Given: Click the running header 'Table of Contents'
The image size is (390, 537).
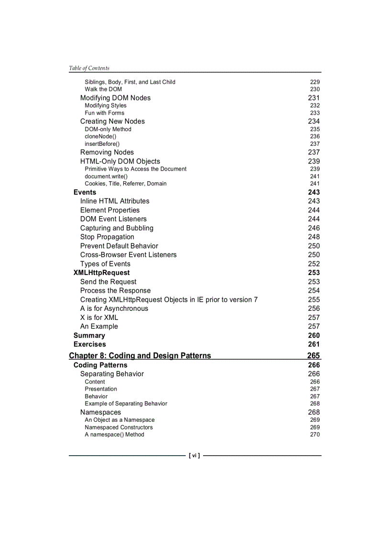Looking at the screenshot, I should coord(89,68).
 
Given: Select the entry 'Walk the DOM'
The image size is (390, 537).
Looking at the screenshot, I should coord(103,89).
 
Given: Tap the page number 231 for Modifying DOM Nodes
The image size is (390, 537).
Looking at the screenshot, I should coord(314,98).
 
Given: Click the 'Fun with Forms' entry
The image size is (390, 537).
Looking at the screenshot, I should coord(104,113).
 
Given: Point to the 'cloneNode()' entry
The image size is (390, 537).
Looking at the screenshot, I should coord(100,136).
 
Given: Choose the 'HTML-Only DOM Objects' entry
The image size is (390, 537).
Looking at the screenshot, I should coord(120,161).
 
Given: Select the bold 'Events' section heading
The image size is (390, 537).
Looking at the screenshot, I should coord(85,192).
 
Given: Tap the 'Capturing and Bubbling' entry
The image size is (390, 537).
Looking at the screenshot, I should coord(117,228).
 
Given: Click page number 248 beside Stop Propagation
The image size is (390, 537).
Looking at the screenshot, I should coord(314,237).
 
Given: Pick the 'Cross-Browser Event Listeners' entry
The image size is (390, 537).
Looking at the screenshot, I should coord(128,255).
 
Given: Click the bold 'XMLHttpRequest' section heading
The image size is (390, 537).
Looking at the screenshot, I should coord(101,273).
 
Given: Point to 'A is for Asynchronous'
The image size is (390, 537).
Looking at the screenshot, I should coord(114,308).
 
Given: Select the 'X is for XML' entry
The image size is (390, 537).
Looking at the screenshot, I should coord(99,318).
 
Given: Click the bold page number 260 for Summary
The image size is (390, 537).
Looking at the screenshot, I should coord(314,336).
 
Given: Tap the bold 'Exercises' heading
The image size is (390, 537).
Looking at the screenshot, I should coord(89,344).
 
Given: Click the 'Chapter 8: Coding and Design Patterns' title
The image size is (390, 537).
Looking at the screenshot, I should coord(140,356).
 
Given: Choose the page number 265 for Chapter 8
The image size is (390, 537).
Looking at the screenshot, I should coord(314,356).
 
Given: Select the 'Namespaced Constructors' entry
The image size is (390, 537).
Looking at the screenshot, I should coord(119,427).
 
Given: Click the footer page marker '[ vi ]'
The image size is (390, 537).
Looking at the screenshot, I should coord(195,456).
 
